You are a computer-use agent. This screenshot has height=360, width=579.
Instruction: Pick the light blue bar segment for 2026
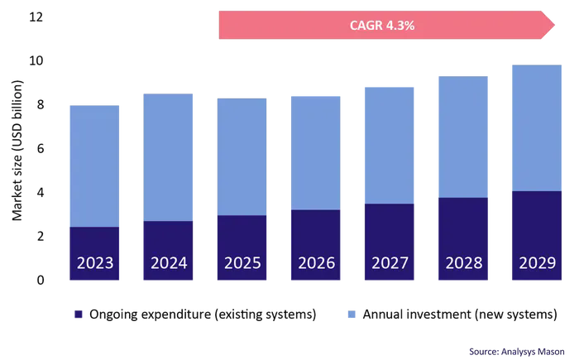pos(314,152)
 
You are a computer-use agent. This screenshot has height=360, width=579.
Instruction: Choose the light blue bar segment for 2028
pos(462,137)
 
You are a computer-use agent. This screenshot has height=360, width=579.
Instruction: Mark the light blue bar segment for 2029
pos(536,128)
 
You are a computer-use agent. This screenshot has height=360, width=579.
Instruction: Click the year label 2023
pos(93,264)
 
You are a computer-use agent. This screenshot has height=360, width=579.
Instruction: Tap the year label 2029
pos(536,264)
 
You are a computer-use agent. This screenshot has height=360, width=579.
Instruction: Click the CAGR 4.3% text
pos(382,26)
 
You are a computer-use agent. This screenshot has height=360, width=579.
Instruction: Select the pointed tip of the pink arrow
pos(554,26)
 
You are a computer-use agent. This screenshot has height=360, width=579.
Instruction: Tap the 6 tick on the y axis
pos(38,148)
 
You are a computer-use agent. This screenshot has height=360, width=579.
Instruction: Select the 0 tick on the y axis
pos(38,280)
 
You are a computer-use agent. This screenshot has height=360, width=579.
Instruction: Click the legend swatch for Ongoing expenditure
pos(79,314)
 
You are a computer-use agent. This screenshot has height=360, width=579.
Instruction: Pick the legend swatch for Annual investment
pos(351,314)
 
